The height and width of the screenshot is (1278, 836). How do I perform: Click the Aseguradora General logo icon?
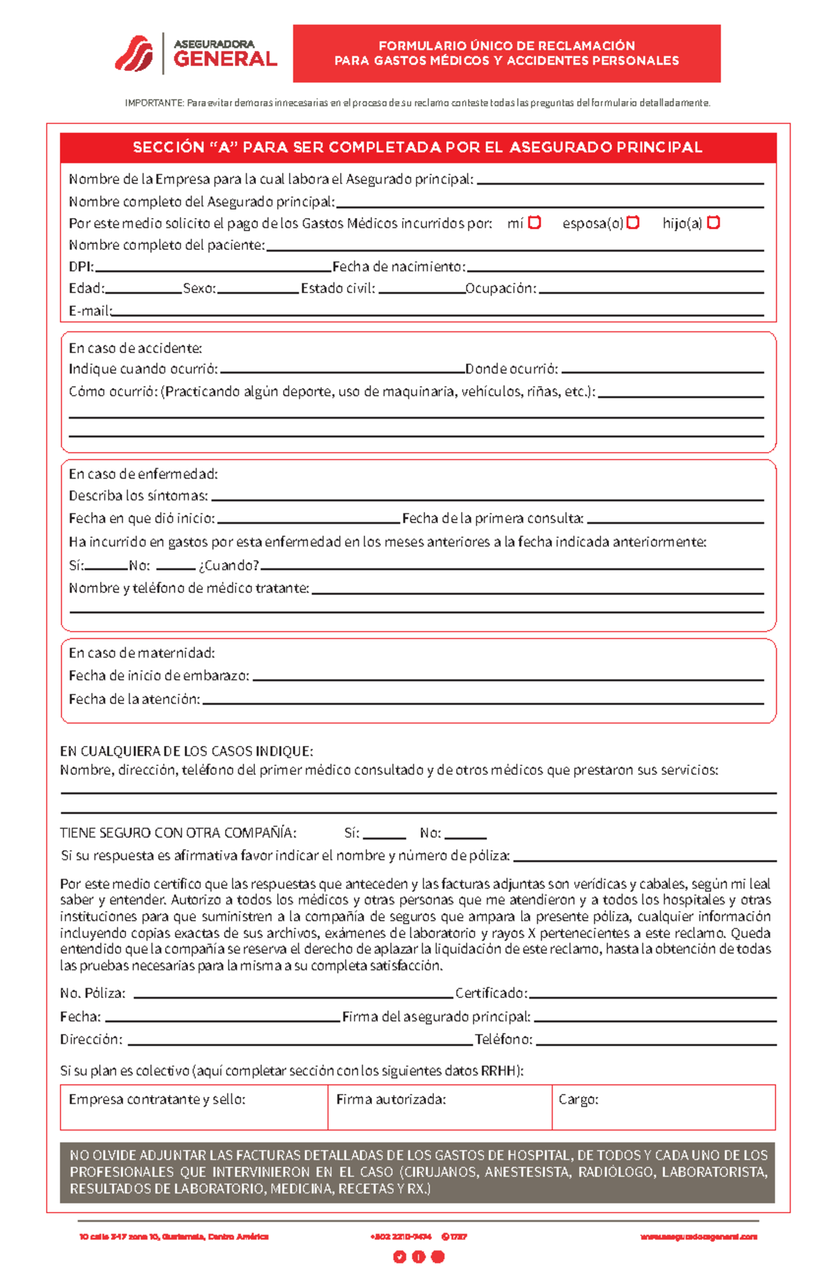coord(134,54)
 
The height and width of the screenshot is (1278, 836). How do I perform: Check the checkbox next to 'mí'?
coord(534,223)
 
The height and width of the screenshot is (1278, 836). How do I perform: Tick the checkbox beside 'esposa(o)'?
coord(633,223)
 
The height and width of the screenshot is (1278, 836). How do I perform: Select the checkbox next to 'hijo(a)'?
coord(713,223)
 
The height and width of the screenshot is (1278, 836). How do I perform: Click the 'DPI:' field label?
coord(81,267)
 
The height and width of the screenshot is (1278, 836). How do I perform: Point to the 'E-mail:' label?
coord(90,311)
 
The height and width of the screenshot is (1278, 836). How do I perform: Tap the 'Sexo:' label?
coord(199,288)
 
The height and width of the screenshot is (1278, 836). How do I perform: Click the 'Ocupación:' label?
coord(501,288)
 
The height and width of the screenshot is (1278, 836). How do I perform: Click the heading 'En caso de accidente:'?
coord(135,348)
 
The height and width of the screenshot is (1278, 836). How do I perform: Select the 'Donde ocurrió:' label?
coord(511,369)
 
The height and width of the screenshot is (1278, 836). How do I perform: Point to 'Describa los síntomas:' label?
coord(138,496)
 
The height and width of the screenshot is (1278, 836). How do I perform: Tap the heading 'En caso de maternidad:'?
coord(141,653)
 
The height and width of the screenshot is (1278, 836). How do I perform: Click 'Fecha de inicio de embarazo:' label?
coord(159,676)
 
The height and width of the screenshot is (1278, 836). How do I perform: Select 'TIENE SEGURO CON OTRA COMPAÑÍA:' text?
coord(178,833)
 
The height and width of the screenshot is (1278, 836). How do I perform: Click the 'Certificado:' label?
coord(491,993)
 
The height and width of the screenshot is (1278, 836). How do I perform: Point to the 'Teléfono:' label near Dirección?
coord(504,1040)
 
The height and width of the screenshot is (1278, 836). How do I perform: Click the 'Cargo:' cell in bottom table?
coord(578,1100)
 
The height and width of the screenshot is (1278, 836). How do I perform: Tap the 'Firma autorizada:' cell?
coord(391,1100)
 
